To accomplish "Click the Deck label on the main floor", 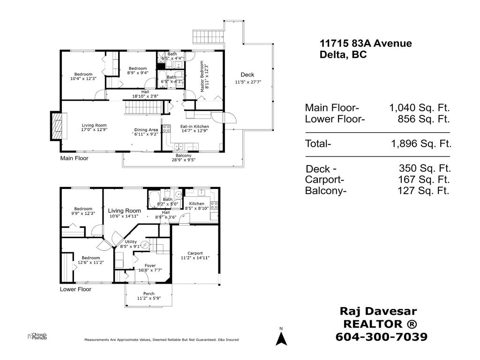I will tap(247, 75).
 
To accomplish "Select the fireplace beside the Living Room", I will tap(55, 126).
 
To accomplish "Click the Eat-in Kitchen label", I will tap(195, 127).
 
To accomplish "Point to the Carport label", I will tap(195, 254).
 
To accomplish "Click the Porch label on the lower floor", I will tap(149, 294).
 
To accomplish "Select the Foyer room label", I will tap(150, 266).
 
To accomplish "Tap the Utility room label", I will tap(131, 242).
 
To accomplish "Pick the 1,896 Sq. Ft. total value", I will tap(420, 144).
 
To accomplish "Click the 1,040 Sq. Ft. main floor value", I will tap(419, 108).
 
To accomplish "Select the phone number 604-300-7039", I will tap(382, 337).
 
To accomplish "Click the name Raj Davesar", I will tap(377, 311).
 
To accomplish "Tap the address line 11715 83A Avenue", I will tap(366, 44).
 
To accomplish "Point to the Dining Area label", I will tap(146, 130).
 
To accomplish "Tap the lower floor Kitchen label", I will tap(196, 203).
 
